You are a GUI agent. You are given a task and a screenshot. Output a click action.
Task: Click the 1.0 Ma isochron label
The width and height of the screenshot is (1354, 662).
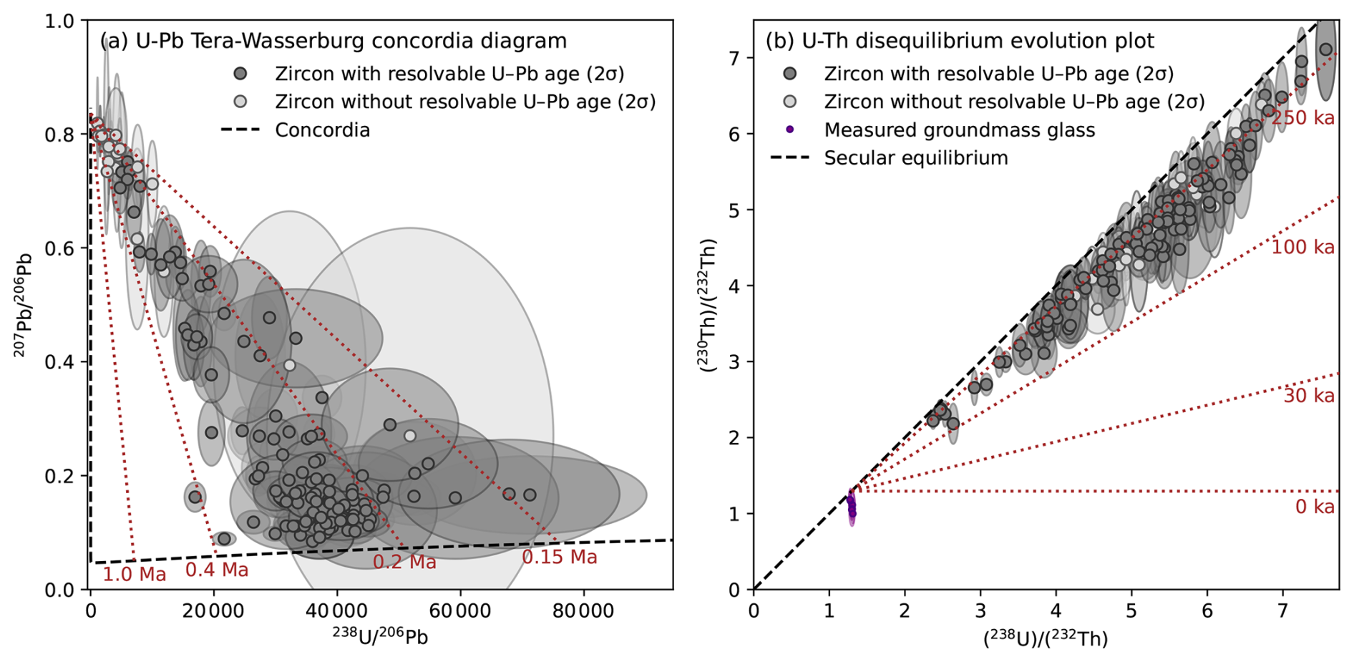point(134,574)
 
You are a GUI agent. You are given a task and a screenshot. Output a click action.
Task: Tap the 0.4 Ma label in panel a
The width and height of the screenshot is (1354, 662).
point(217,570)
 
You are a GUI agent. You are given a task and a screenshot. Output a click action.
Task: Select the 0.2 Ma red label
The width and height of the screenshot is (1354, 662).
point(404,563)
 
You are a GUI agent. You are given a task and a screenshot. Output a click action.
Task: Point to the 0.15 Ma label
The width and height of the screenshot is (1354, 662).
point(559,557)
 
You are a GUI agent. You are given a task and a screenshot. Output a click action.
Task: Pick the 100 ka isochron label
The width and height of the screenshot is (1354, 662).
point(1302,248)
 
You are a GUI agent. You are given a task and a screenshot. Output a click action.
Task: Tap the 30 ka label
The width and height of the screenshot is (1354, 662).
point(1308,396)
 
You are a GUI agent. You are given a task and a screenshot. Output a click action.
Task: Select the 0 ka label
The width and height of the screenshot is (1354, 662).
point(1314,507)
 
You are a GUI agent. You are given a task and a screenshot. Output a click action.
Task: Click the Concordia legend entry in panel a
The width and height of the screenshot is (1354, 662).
point(322,130)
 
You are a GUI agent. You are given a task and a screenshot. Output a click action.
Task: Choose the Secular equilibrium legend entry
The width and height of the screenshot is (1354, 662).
point(915,158)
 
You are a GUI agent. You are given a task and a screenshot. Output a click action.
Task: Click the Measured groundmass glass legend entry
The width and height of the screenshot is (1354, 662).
point(959,130)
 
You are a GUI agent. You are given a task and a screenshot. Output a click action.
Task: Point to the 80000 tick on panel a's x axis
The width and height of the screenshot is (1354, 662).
point(584,611)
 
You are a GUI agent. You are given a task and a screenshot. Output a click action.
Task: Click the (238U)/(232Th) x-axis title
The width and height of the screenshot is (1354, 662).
point(1045,638)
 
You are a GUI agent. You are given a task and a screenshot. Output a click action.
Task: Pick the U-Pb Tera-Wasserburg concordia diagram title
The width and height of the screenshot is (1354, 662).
point(333,41)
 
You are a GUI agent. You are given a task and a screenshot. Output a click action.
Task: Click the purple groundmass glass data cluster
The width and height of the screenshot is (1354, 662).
point(852,507)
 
